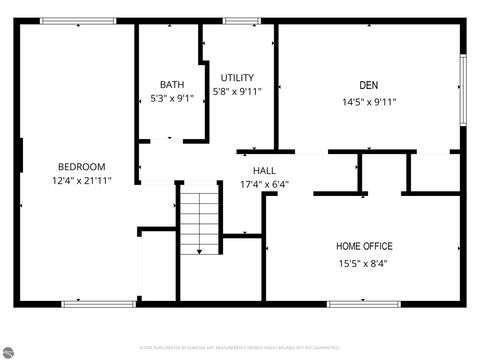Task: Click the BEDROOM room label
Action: [x=81, y=167]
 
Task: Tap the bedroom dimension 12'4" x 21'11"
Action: [x=81, y=181]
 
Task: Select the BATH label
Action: [x=171, y=85]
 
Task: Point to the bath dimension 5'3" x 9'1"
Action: [x=171, y=99]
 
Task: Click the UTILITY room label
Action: [x=237, y=78]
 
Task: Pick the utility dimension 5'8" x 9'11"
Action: [x=237, y=92]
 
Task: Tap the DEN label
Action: [x=369, y=85]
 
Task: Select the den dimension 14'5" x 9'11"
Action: [x=369, y=101]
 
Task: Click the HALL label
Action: [x=264, y=171]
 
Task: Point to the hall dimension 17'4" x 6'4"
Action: [x=264, y=185]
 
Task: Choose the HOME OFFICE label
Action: [x=364, y=246]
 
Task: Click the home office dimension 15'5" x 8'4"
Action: [x=364, y=264]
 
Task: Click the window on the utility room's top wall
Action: [x=241, y=21]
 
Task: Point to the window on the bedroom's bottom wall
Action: [x=85, y=303]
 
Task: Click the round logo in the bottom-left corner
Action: [x=9, y=351]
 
